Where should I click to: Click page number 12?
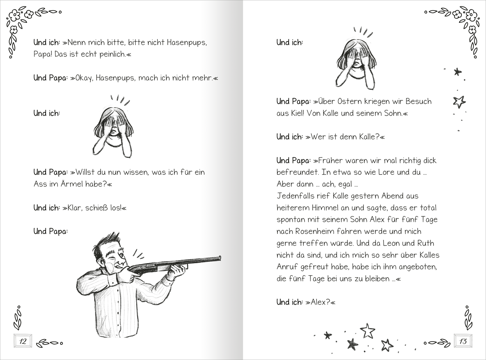point(23,341)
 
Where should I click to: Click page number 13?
point(463,341)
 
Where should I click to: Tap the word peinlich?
point(113,54)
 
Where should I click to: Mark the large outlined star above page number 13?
point(368,331)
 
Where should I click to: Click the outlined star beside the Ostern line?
point(459,102)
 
